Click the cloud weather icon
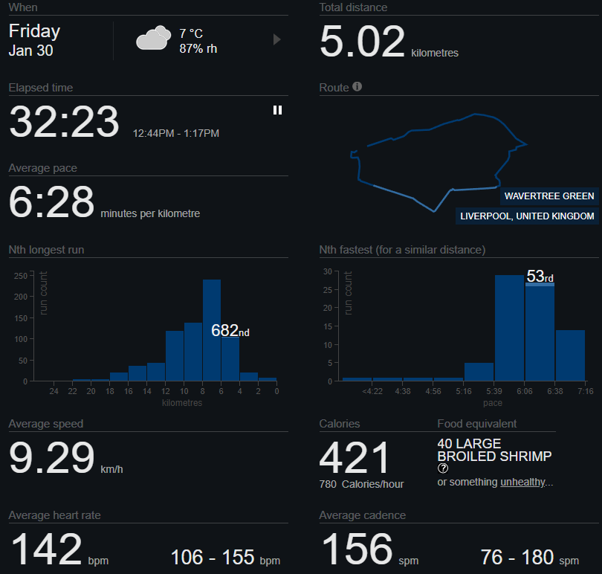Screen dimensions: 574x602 pyautogui.click(x=152, y=38)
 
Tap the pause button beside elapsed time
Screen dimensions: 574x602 pyautogui.click(x=277, y=110)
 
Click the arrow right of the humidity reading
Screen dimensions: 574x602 pyautogui.click(x=277, y=39)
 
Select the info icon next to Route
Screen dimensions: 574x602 pyautogui.click(x=357, y=87)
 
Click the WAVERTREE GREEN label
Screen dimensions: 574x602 pyautogui.click(x=549, y=196)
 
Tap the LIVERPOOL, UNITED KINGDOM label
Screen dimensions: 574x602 pyautogui.click(x=527, y=216)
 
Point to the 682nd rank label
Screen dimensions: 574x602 pyautogui.click(x=230, y=331)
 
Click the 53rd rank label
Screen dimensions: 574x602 pyautogui.click(x=540, y=277)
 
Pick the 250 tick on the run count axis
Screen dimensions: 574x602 pyautogui.click(x=20, y=275)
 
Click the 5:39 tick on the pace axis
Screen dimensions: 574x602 pyautogui.click(x=494, y=391)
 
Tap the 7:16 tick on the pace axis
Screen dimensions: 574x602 pyautogui.click(x=585, y=391)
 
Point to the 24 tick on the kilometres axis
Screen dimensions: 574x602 pyautogui.click(x=54, y=391)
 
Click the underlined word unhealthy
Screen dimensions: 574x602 pyautogui.click(x=522, y=483)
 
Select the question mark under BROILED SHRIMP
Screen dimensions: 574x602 pyautogui.click(x=444, y=468)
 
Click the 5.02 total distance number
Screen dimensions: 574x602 pyautogui.click(x=363, y=42)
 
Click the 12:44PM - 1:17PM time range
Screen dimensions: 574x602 pyautogui.click(x=176, y=134)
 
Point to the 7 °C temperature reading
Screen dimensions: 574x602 pyautogui.click(x=191, y=33)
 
